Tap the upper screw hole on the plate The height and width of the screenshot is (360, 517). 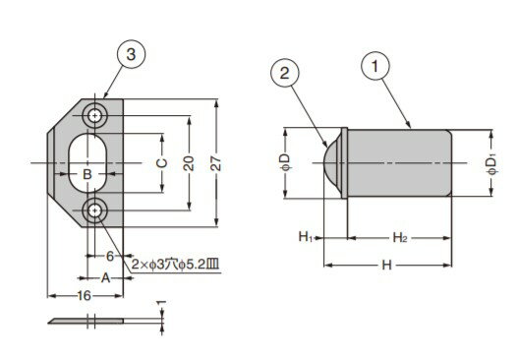tap(95, 115)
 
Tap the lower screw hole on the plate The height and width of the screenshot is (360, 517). tap(95, 209)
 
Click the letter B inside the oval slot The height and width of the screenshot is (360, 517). tap(86, 176)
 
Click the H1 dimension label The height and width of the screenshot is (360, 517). tap(305, 236)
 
